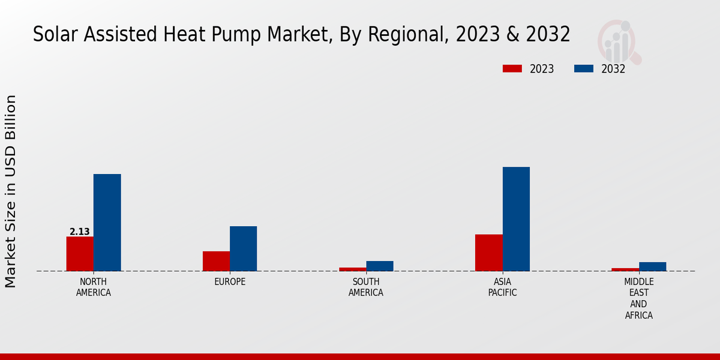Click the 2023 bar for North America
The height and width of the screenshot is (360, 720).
80,254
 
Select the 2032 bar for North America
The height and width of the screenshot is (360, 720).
107,223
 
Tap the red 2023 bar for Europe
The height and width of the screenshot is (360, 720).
216,261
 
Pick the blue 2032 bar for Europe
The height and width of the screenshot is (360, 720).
243,248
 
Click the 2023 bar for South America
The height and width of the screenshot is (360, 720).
352,269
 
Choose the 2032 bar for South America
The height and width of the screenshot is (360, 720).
380,266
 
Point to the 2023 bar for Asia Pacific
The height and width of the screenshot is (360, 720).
488,253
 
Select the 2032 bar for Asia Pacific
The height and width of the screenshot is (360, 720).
516,219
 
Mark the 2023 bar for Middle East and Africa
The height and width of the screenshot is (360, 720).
625,269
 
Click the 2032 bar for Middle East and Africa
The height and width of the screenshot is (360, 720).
652,266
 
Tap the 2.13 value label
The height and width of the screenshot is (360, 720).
80,232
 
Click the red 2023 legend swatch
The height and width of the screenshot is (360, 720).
512,68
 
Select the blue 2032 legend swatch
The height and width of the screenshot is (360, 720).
583,68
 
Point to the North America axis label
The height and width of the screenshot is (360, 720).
94,287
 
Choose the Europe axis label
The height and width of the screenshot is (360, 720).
230,282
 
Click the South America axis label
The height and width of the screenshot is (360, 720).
366,287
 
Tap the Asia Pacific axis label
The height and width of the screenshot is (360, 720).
502,287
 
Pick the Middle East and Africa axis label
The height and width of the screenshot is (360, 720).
639,298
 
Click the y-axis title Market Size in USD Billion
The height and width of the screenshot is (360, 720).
11,191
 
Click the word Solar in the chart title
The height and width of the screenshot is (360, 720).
55,35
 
